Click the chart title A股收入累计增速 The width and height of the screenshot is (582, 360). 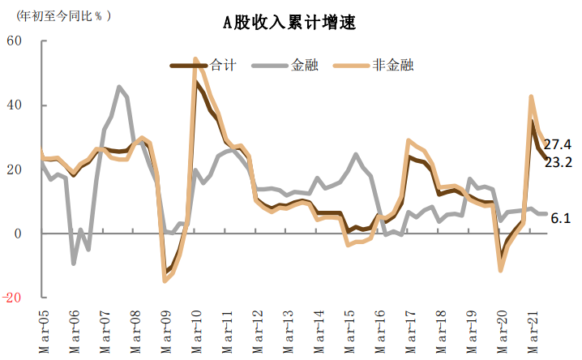coord(289,23)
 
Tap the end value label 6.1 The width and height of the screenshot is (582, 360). coord(560,218)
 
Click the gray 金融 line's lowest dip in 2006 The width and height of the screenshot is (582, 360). coord(74,263)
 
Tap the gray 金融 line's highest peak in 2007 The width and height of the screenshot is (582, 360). coord(119,87)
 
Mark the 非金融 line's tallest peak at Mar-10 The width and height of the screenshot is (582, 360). coord(195,59)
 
